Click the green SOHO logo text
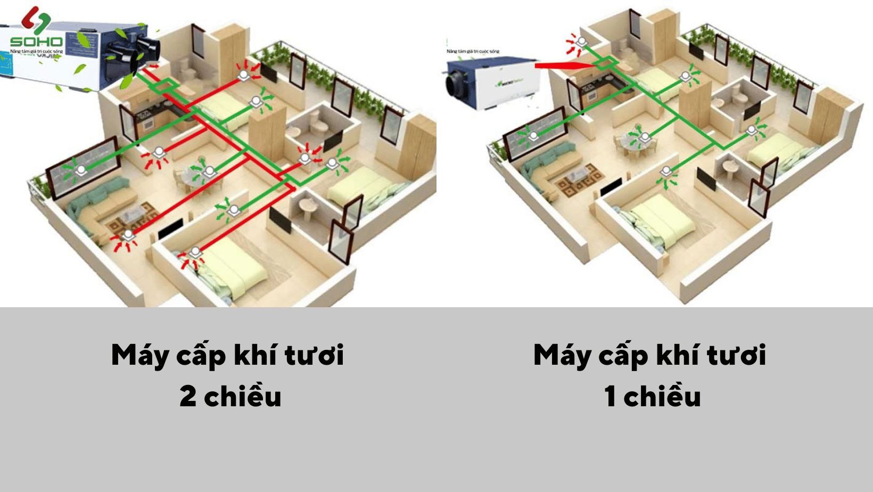(x=36, y=41)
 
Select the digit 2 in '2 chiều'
(x=188, y=397)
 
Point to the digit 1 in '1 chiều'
(x=610, y=397)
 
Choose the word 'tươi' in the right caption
(x=736, y=355)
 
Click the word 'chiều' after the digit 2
(x=243, y=397)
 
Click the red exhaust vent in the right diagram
(x=581, y=42)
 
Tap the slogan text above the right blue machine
(x=473, y=51)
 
